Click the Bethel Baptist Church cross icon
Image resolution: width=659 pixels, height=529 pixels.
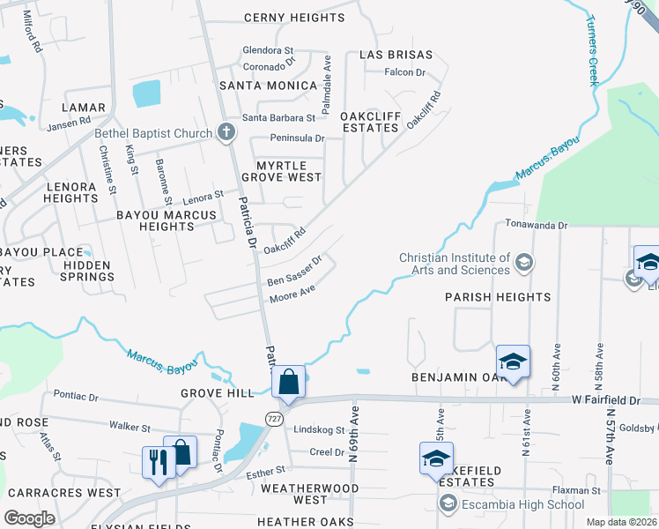coord(226,134)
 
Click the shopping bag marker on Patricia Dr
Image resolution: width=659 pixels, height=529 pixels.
coord(288,383)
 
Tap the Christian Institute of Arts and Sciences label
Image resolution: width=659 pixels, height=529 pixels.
coord(455,264)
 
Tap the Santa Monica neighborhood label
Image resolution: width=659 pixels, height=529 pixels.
coord(268,86)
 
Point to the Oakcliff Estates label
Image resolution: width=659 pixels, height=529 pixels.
coord(370,121)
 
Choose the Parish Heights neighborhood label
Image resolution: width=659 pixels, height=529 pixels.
coord(498,297)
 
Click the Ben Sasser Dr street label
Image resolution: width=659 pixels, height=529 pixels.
coord(295,272)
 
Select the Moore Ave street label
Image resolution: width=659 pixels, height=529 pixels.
coord(292,294)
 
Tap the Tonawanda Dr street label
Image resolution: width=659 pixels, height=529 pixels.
coord(537,226)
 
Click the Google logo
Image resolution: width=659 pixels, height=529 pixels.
coord(29,518)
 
